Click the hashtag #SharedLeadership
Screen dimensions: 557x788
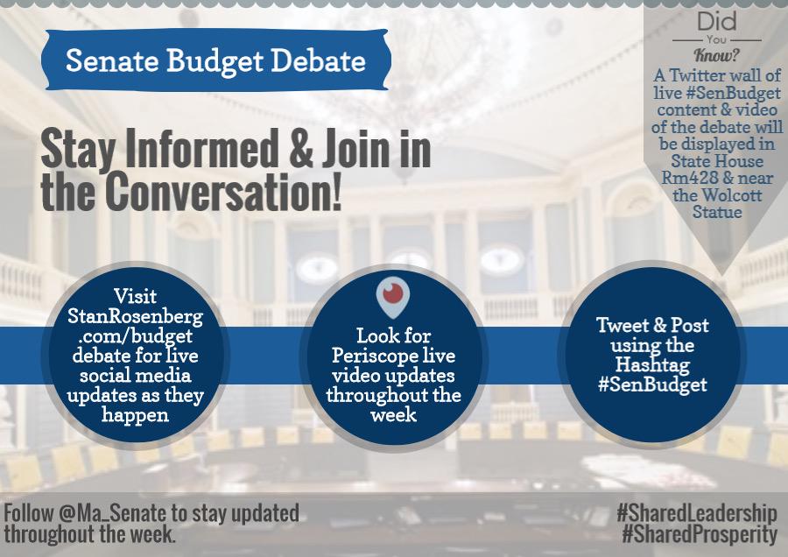pyautogui.click(x=696, y=513)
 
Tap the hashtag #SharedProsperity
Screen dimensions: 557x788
pyautogui.click(x=696, y=533)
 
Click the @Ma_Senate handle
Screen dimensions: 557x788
pyautogui.click(x=110, y=513)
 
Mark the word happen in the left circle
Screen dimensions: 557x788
pyautogui.click(x=135, y=414)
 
